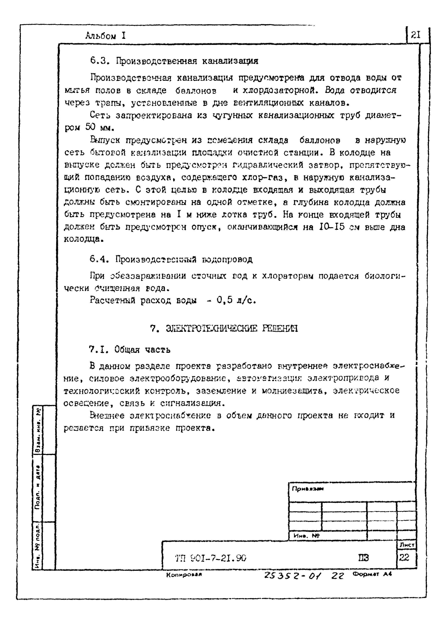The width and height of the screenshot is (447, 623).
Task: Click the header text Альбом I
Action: pyautogui.click(x=106, y=36)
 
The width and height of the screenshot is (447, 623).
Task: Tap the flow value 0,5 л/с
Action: pyautogui.click(x=236, y=300)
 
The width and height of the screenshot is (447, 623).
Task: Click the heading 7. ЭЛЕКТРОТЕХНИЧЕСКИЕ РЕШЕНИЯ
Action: pyautogui.click(x=224, y=329)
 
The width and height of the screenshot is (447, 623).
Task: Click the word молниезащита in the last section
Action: pyautogui.click(x=292, y=391)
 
